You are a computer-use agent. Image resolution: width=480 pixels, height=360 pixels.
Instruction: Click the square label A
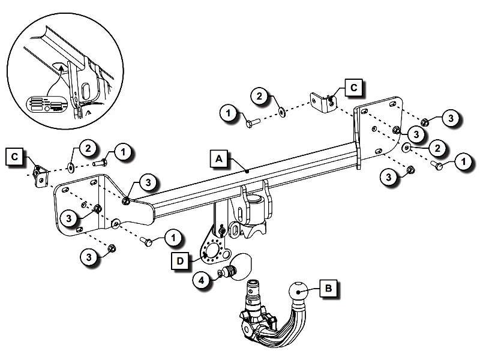pos(219,158)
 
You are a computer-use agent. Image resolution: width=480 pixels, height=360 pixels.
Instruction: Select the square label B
pos(328,289)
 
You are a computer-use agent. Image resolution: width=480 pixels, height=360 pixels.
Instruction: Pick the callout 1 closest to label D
pos(173,238)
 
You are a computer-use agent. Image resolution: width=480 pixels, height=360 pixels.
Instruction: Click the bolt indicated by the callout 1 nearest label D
pos(146,241)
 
